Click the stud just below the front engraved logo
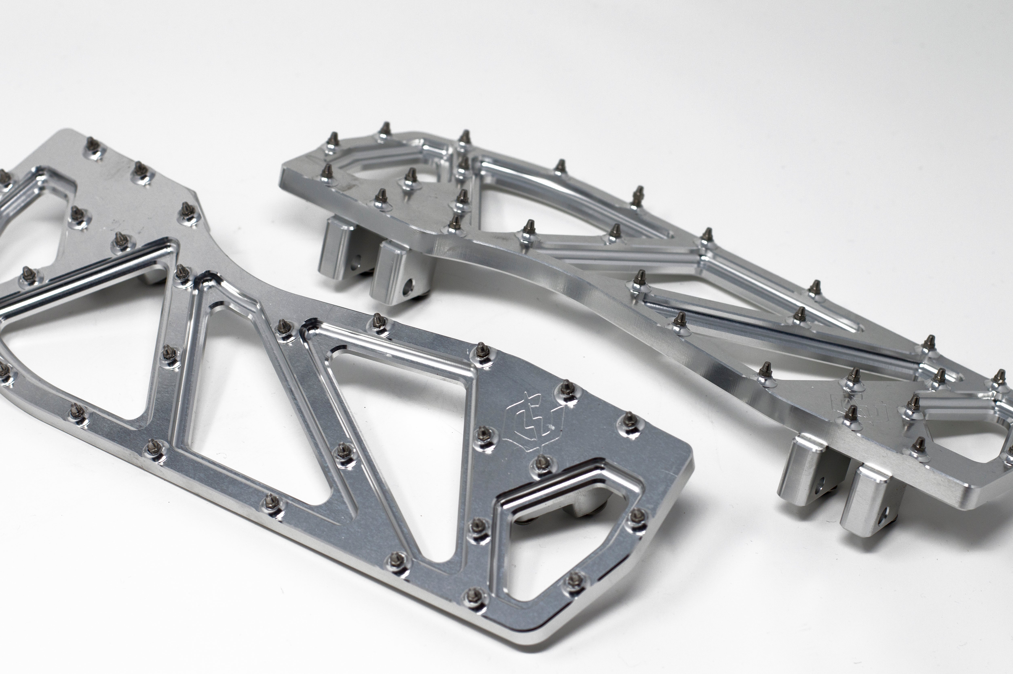542,461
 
